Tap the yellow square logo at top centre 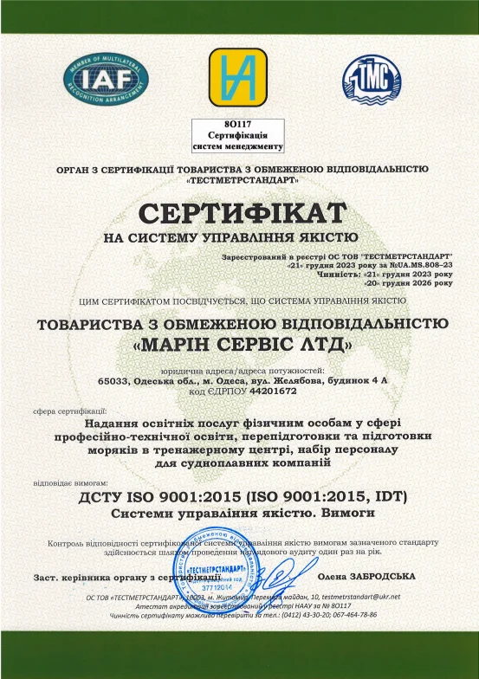tap(239, 77)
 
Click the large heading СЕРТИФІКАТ tap(239, 213)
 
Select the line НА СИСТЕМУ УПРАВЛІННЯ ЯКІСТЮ tap(238, 236)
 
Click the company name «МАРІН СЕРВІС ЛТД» tap(239, 346)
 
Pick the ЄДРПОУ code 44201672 tap(271, 393)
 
